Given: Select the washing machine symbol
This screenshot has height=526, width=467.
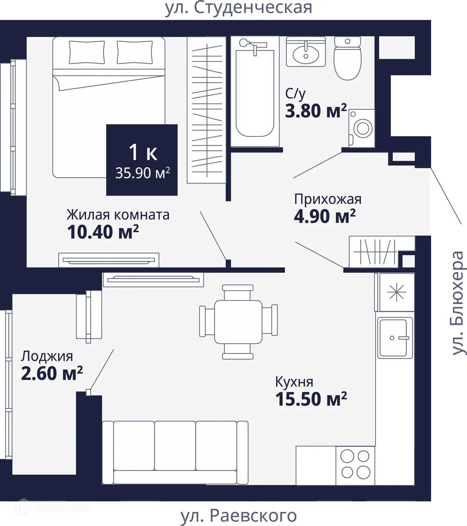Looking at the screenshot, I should [362, 128].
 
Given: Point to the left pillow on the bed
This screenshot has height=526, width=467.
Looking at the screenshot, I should [87, 52].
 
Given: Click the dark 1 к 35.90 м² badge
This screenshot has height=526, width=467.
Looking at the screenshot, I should [142, 160].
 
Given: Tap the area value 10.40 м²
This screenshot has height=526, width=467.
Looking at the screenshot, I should [103, 232].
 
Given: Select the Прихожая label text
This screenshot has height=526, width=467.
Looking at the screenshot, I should [328, 199].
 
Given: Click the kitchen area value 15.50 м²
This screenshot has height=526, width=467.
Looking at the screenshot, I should [311, 399].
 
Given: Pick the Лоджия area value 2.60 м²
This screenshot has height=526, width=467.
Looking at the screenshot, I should [52, 373].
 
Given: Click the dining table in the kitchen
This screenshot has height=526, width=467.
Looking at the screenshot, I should [238, 322].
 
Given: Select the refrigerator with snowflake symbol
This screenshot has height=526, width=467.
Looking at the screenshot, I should [396, 292].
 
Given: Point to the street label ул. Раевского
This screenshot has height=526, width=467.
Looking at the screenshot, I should [239, 515].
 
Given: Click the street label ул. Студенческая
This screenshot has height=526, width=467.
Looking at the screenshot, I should [238, 8].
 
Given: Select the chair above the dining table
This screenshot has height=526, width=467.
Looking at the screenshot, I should [238, 292].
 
